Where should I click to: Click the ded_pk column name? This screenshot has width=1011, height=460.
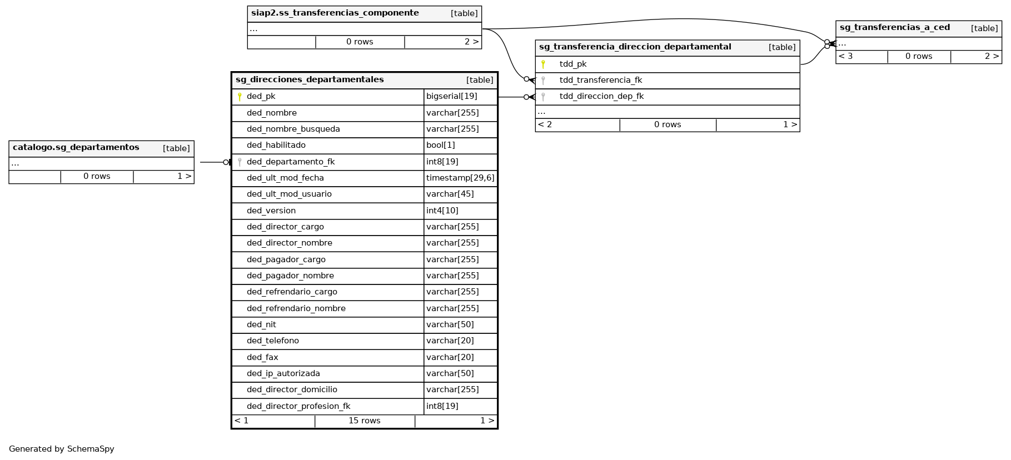coord(261,97)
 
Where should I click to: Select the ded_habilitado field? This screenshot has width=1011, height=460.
coord(276,146)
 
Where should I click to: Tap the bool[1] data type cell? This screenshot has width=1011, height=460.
coord(441,146)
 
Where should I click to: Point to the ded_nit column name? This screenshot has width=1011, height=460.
coord(262,325)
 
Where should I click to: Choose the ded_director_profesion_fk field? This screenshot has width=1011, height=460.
coord(298,406)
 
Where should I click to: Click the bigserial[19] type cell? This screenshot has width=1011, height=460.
coord(452,97)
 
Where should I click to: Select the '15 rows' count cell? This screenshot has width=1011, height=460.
coord(365,421)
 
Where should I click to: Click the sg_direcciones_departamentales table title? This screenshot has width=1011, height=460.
coord(310,80)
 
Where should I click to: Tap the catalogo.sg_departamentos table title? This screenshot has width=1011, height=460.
coord(76,148)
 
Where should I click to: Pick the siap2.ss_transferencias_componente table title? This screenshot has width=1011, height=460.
coord(335,13)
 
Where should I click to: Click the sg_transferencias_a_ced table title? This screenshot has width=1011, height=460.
coord(895,28)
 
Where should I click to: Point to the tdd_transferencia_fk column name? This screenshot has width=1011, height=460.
coord(601,81)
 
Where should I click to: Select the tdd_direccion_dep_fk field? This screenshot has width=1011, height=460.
coord(602,97)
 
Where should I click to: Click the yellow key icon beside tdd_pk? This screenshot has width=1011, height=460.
coord(543,64)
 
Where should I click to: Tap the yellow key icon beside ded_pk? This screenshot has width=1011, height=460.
coord(240,97)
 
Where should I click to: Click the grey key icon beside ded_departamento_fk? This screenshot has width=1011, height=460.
coord(240,162)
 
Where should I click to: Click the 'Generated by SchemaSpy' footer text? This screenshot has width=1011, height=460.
coord(62,449)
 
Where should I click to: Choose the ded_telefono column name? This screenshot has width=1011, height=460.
coord(273,341)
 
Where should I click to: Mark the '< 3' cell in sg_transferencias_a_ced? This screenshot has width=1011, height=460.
coord(845,57)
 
